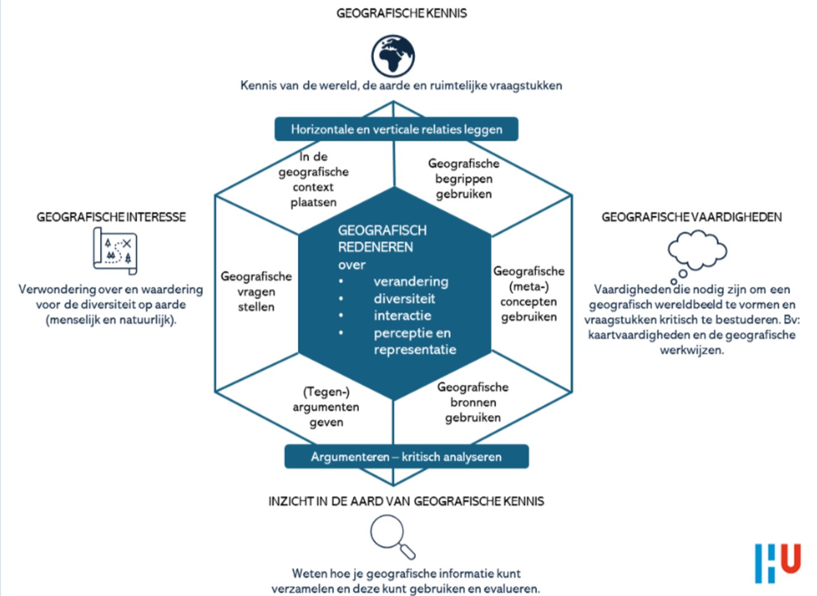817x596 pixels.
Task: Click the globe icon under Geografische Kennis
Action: pyautogui.click(x=393, y=56)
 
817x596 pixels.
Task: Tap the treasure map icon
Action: pyautogui.click(x=115, y=250)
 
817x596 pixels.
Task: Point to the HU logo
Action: pyautogui.click(x=778, y=562)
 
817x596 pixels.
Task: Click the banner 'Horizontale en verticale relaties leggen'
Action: pyautogui.click(x=396, y=130)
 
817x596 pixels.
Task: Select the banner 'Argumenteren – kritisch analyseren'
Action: pyautogui.click(x=406, y=457)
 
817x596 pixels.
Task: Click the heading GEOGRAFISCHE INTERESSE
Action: pyautogui.click(x=111, y=217)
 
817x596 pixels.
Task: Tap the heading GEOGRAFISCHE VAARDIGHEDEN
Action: pyautogui.click(x=691, y=217)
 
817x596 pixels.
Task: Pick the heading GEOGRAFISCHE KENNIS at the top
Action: pyautogui.click(x=401, y=13)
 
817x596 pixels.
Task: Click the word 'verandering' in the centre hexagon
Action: pyautogui.click(x=411, y=282)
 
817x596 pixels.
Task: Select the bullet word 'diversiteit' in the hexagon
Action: pyautogui.click(x=404, y=299)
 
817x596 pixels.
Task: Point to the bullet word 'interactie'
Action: pyautogui.click(x=402, y=316)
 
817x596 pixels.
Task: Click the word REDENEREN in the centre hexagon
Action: pyautogui.click(x=375, y=247)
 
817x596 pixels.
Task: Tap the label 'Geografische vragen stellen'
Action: pyautogui.click(x=256, y=292)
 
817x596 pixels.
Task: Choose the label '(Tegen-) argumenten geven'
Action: pyautogui.click(x=326, y=407)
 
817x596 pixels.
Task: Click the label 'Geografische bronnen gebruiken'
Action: pyautogui.click(x=473, y=402)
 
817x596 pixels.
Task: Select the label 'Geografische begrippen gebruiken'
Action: pyautogui.click(x=463, y=179)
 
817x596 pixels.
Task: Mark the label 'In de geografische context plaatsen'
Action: pyautogui.click(x=313, y=180)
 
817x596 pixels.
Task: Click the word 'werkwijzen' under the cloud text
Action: pyautogui.click(x=692, y=350)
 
